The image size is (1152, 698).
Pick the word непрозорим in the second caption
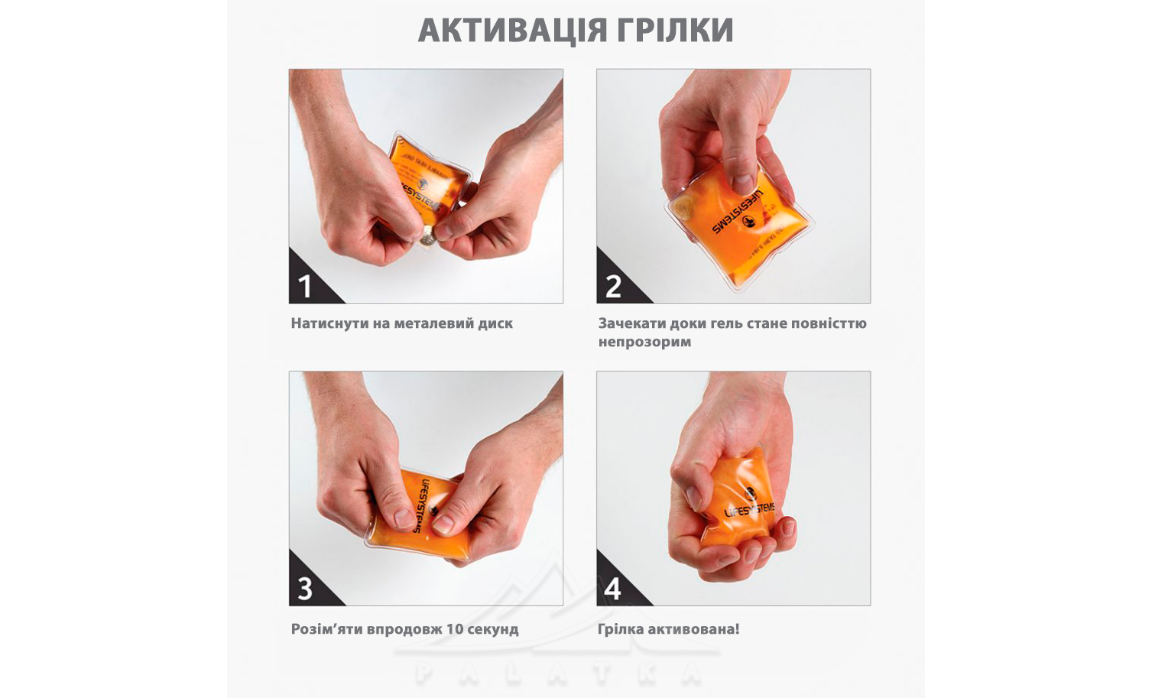[x=645, y=343]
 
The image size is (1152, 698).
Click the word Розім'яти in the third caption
[x=326, y=629]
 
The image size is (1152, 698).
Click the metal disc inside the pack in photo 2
[x=683, y=208]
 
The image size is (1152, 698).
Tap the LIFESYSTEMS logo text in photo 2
[x=738, y=212]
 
